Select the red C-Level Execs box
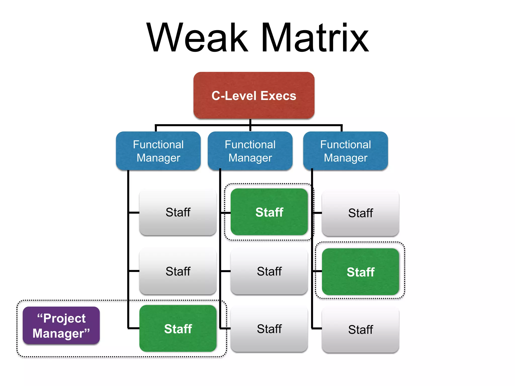(254, 95)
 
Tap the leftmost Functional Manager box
(158, 151)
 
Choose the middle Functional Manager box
(250, 151)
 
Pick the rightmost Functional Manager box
(346, 151)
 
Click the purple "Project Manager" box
(61, 326)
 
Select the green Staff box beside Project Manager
(178, 328)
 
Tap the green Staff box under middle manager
(269, 212)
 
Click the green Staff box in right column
(360, 272)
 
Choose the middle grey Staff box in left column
(178, 271)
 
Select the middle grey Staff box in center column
(269, 271)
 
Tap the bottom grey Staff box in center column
(269, 329)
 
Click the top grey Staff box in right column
(360, 213)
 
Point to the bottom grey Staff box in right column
(360, 329)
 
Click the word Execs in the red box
(278, 96)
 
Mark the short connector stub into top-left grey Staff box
(134, 213)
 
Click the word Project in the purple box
(64, 318)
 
